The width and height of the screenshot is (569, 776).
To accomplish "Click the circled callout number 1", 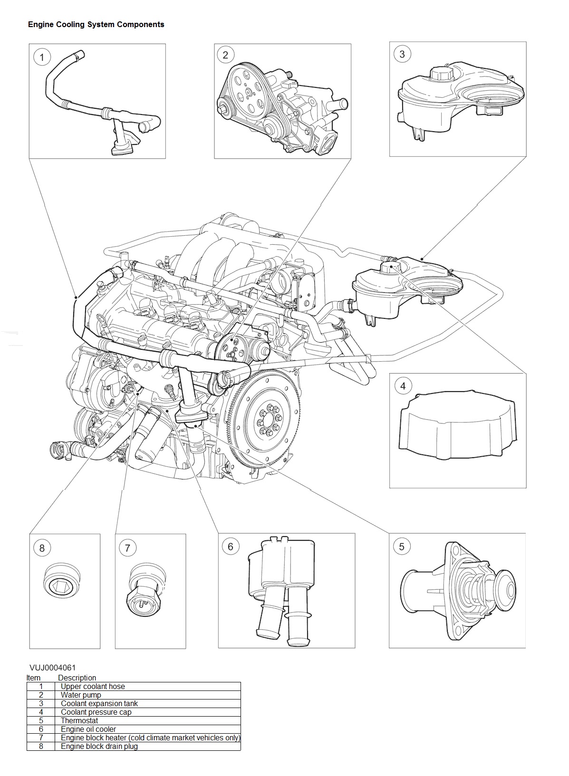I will click(42, 57).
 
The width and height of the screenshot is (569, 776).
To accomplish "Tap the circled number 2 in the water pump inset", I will click(225, 55).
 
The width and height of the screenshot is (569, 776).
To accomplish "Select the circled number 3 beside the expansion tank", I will click(402, 54).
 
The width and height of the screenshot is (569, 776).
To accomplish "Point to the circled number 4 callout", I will click(403, 386).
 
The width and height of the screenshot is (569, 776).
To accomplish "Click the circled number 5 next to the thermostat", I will click(402, 546).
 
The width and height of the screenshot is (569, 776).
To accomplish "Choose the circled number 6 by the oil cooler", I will click(231, 546).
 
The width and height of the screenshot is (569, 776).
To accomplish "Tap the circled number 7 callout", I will click(127, 548).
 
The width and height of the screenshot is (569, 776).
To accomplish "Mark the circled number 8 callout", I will click(42, 548).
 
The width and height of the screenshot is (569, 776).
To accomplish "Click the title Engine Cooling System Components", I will click(96, 25).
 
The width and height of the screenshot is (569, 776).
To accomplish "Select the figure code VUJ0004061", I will click(53, 668).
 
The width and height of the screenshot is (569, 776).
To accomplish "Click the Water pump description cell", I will click(81, 695).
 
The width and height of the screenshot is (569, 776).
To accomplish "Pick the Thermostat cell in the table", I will click(79, 720).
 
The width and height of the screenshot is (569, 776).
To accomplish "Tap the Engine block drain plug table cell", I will click(99, 746).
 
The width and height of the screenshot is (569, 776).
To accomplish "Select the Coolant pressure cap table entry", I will click(96, 712).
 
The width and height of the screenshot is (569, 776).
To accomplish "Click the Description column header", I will click(77, 678).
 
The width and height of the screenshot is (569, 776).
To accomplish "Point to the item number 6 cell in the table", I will click(41, 729).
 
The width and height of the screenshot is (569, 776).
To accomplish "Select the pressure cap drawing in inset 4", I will click(457, 428).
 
